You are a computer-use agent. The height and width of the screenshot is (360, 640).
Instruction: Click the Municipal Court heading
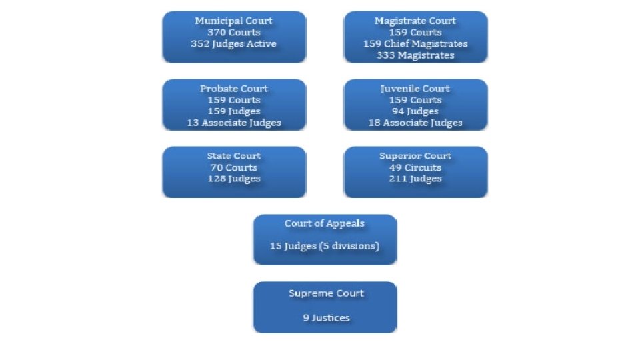(x=233, y=21)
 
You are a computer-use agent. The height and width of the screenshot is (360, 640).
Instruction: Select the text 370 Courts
(x=233, y=33)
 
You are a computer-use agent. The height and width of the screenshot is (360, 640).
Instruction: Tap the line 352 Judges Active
(x=233, y=44)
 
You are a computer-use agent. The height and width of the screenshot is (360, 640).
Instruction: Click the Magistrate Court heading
(x=415, y=21)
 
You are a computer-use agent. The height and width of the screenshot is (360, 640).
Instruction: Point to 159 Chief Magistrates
(x=415, y=44)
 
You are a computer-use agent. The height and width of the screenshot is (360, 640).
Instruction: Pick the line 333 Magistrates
(x=415, y=55)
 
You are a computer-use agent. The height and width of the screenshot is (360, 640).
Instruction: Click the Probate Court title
(x=233, y=89)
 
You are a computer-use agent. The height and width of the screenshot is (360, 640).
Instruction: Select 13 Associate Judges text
(x=233, y=123)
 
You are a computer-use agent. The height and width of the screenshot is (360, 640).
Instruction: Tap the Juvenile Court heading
(x=415, y=89)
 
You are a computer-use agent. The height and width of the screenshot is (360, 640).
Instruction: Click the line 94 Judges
(x=415, y=111)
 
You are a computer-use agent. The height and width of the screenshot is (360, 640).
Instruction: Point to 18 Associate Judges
(x=415, y=123)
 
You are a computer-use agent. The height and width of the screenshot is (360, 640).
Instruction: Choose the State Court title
(x=233, y=156)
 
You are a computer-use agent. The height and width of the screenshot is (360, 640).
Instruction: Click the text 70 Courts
(x=233, y=167)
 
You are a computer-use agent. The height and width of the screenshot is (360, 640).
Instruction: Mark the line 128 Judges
(x=233, y=179)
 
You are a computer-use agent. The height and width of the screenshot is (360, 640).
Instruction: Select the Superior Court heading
(x=415, y=156)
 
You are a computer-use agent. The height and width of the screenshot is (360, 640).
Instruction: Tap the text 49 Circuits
(x=415, y=167)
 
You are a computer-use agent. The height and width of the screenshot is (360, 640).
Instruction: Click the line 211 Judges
(x=415, y=179)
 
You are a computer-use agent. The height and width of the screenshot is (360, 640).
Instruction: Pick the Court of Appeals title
(x=325, y=224)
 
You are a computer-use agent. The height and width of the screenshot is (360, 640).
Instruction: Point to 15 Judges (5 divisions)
(x=325, y=246)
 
